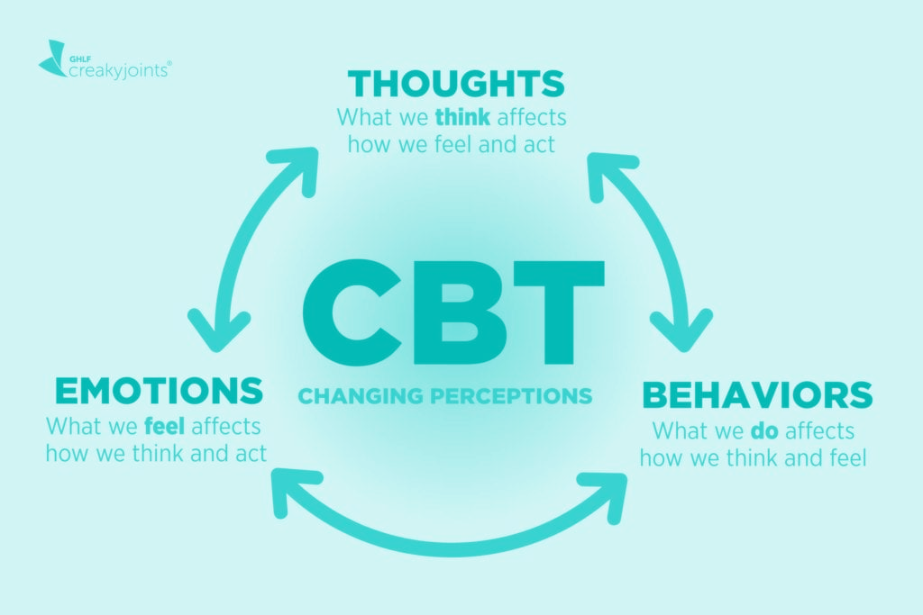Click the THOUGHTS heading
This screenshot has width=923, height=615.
coord(455,84)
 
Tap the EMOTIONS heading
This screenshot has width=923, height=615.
coord(159,391)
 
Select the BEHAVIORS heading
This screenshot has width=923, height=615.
coord(757,394)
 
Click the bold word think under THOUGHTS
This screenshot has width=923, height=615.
coord(462,117)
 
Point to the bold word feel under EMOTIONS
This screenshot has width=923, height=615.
coord(165,426)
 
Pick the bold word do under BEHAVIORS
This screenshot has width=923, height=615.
coord(764,431)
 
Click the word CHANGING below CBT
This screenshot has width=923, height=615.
coord(361,395)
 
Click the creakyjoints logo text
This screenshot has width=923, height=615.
coord(120,70)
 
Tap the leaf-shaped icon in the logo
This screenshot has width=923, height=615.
coord(52,59)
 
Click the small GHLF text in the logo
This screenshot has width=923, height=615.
coord(77,59)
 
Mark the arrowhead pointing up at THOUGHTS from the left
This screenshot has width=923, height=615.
coord(297,167)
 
